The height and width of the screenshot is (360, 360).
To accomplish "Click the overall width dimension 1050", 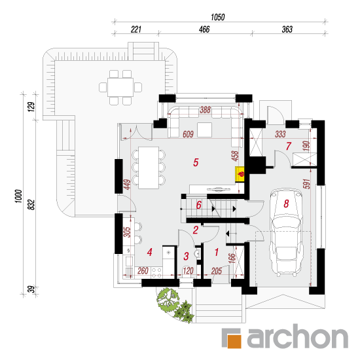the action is coord(218,17).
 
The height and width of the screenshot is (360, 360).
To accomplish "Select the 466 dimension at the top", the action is coord(204,29).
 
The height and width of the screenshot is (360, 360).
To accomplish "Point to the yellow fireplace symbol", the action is coord(240,175).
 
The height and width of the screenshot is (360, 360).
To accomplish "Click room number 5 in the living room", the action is coord(196,162).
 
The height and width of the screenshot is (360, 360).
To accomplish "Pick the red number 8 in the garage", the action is coord(286,204).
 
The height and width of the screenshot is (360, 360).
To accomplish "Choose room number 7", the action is coord(289,146).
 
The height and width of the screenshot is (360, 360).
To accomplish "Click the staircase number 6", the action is coord(199,205).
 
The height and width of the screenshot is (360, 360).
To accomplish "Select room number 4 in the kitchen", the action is coord(149,252).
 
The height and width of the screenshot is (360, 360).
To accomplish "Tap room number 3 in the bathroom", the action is coord(186,256).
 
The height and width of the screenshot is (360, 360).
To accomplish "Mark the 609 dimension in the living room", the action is coord(188,134).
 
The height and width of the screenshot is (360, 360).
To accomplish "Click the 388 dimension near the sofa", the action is coord(205,110).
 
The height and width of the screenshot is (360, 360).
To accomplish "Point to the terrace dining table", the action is coord(120,87).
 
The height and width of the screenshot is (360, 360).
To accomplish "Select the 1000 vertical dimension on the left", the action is coord(18,196).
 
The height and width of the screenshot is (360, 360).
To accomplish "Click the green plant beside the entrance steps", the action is coord(174,304).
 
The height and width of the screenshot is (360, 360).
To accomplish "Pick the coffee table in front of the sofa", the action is coord(205,130).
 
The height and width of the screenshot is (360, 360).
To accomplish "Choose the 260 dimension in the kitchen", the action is coord(143,271).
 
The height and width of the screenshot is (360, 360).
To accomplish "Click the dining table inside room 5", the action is coord(149,168).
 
